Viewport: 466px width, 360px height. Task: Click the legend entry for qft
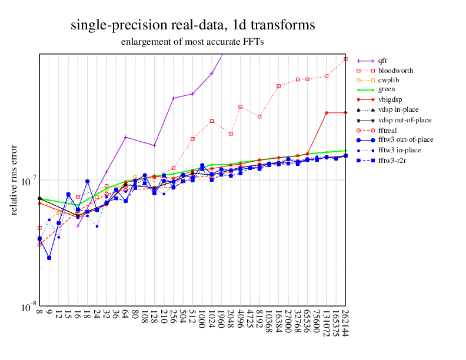(x=382, y=60)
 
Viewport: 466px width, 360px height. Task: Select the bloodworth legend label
(x=395, y=70)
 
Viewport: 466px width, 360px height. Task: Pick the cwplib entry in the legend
(x=389, y=80)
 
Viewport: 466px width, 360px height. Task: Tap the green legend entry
(x=387, y=89)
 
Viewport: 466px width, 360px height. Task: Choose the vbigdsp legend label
(x=391, y=99)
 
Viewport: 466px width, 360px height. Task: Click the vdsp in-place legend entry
(x=398, y=109)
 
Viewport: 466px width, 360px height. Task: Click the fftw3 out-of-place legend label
(x=405, y=139)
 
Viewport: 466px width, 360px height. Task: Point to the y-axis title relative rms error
(x=14, y=179)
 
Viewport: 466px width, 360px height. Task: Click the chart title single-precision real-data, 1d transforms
(x=192, y=25)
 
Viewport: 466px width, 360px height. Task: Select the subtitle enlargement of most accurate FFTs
(x=192, y=42)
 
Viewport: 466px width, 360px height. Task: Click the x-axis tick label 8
(x=40, y=312)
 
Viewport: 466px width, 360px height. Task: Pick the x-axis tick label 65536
(x=307, y=321)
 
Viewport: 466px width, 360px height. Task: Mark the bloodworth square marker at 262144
(x=345, y=59)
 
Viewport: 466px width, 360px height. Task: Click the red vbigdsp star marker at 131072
(x=327, y=112)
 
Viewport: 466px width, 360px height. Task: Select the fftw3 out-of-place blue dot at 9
(x=49, y=258)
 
